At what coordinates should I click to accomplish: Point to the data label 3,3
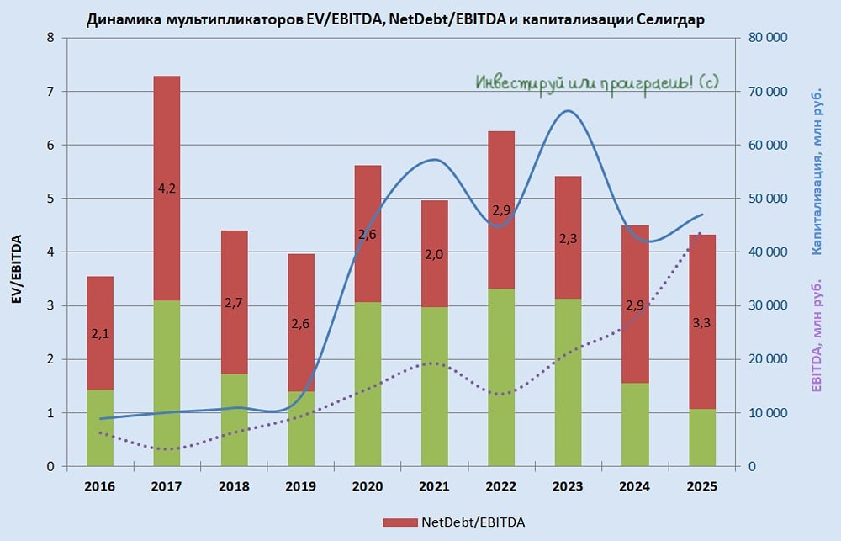[x=702, y=321]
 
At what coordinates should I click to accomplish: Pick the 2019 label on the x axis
[x=301, y=487]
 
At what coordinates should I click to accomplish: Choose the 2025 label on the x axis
[x=702, y=487]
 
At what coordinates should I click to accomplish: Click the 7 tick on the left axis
[x=51, y=92]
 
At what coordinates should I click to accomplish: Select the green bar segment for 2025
[x=702, y=438]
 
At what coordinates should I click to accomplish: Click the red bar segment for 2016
[x=100, y=320]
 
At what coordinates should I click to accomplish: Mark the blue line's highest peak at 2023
[x=569, y=111]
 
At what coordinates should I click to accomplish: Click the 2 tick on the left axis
[x=51, y=359]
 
